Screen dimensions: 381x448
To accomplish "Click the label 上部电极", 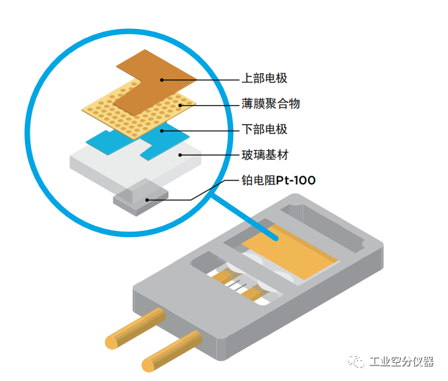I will pyautogui.click(x=264, y=79).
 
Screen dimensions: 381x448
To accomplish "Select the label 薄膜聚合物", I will pyautogui.click(x=270, y=104).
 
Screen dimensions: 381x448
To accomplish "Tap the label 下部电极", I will pyautogui.click(x=264, y=129).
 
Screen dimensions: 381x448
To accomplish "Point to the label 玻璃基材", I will pyautogui.click(x=264, y=155).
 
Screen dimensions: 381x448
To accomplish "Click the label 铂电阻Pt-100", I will pyautogui.click(x=278, y=180).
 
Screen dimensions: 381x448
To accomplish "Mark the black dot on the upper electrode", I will pyautogui.click(x=162, y=79).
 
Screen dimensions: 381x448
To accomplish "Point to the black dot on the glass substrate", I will pyautogui.click(x=180, y=155).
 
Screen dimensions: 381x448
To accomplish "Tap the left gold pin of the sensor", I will pyautogui.click(x=135, y=329).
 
